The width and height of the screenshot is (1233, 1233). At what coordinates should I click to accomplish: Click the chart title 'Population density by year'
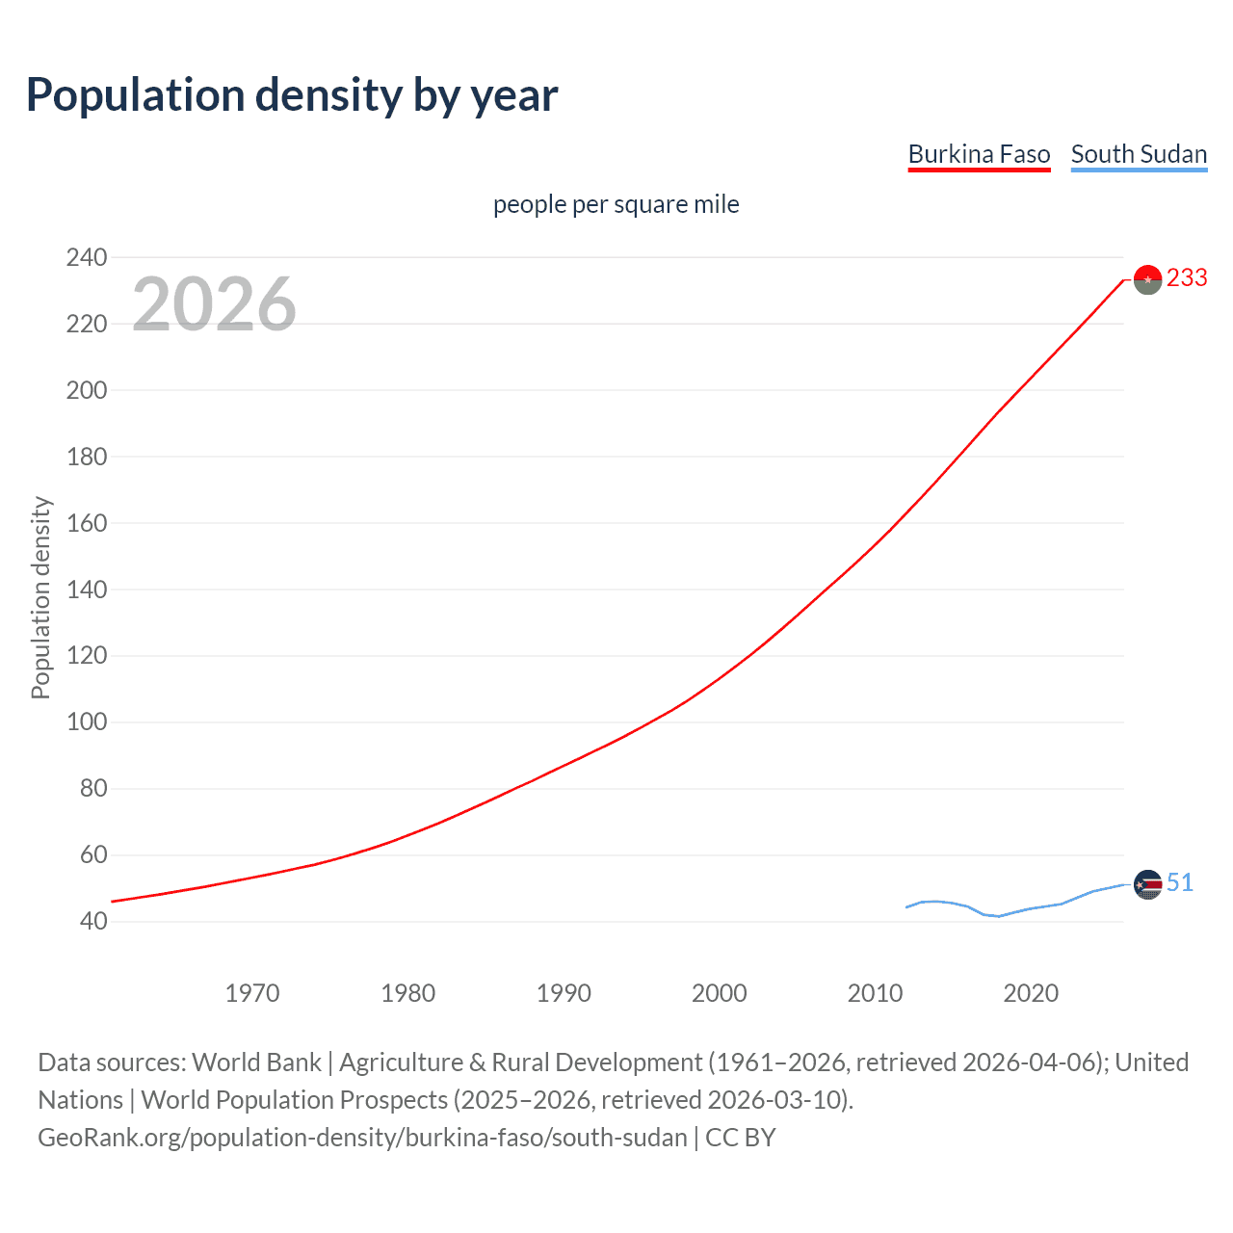click(x=292, y=95)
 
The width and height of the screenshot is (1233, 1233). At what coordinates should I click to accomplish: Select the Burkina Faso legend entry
click(x=979, y=154)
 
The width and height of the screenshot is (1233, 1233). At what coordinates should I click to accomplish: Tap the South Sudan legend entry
click(x=1139, y=154)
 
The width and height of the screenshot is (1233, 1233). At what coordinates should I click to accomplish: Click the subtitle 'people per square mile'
click(x=616, y=204)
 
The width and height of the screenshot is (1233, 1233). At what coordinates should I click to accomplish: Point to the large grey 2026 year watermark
click(x=214, y=304)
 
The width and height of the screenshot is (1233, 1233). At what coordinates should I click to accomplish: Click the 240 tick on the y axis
click(x=87, y=257)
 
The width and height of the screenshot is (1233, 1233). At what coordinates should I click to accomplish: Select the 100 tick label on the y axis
click(x=87, y=722)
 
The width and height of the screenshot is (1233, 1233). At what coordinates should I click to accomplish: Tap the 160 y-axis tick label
click(x=87, y=523)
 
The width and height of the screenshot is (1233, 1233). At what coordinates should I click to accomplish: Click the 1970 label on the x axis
click(x=252, y=993)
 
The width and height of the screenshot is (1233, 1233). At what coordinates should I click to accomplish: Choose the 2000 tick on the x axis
click(x=720, y=993)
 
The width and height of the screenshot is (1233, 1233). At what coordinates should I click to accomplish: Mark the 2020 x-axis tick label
click(x=1031, y=993)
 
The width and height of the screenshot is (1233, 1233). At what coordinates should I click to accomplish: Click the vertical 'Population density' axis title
click(x=40, y=597)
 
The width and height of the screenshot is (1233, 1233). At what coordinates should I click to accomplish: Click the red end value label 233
click(x=1187, y=278)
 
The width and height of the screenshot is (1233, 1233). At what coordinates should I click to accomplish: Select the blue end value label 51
click(x=1180, y=882)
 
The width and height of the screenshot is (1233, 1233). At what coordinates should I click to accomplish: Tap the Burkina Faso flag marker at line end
click(x=1147, y=279)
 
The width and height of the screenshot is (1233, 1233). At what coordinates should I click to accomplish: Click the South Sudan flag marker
click(x=1147, y=884)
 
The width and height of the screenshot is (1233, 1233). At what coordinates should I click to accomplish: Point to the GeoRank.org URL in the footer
click(x=362, y=1138)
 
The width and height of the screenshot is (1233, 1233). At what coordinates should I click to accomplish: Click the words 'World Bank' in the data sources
click(x=256, y=1062)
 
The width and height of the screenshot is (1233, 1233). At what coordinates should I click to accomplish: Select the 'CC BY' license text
click(x=740, y=1138)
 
